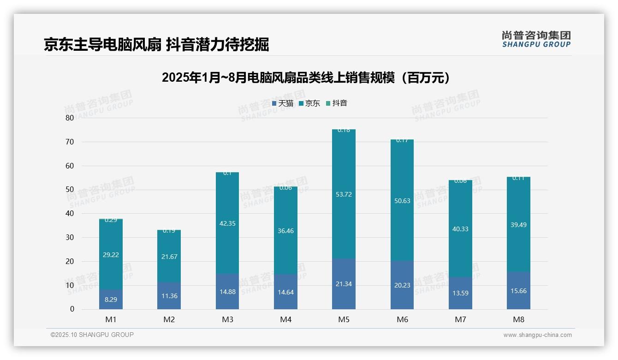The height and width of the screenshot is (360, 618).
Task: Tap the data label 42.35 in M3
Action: tap(227, 223)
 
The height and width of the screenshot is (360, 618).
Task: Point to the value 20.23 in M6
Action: tap(402, 285)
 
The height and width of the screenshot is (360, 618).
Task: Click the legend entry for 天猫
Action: tap(282, 103)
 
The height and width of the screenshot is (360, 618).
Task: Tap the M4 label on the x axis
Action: tap(285, 319)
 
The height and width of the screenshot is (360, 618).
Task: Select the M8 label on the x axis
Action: tap(518, 319)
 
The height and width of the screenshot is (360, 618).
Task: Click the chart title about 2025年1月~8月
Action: tap(306, 78)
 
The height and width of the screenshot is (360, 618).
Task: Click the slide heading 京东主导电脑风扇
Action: tap(156, 45)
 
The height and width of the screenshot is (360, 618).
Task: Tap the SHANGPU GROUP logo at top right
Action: tap(536, 39)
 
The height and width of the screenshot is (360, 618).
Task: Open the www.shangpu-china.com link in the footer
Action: tap(537, 335)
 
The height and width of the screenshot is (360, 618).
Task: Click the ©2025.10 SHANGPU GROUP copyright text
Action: tap(92, 335)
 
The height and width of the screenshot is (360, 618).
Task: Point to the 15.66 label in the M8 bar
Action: tap(518, 291)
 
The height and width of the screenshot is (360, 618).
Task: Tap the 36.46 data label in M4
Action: tap(285, 231)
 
